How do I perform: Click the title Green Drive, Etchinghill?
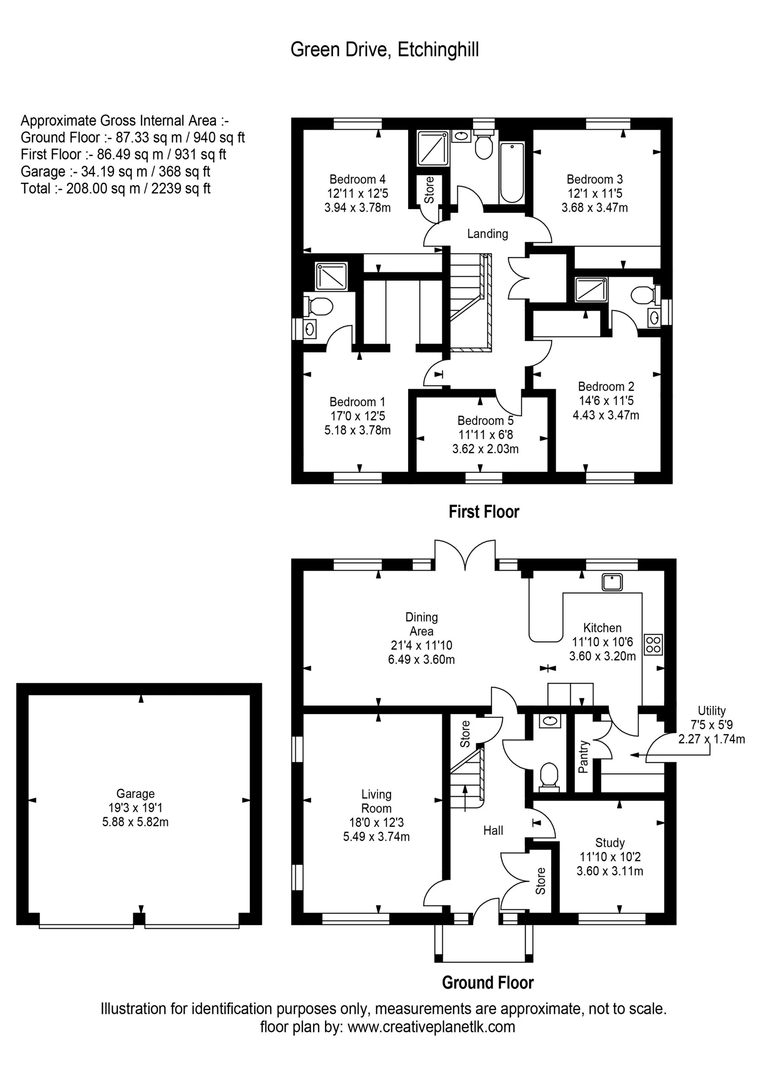point(384,50)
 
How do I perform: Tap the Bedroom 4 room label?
point(357,179)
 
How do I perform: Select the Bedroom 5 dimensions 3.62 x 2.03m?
point(485,449)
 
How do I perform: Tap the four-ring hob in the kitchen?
point(653,644)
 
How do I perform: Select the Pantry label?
point(583,757)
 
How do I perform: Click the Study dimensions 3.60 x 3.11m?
point(610,872)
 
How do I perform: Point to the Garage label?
point(136,794)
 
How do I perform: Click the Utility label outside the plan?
point(711,711)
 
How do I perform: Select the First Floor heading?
point(484,512)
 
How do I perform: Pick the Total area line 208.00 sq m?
point(115,188)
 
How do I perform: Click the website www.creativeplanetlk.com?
point(431,1027)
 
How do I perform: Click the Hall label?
point(493,831)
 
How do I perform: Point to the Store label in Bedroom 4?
point(429,190)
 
